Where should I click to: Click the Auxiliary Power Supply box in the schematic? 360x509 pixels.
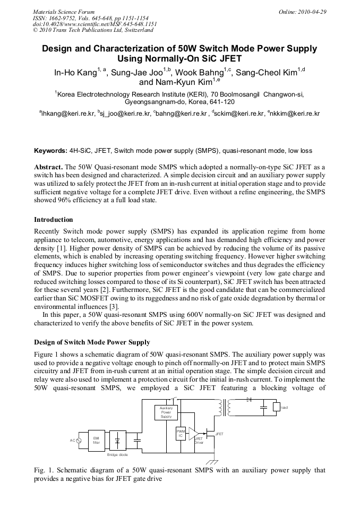point(166,413)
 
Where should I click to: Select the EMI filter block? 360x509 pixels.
point(96,439)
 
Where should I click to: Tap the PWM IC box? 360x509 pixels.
point(182,433)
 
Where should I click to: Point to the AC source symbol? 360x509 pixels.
point(79,441)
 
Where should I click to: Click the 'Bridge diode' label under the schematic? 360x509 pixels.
point(117,455)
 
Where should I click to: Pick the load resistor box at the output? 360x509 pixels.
point(277,408)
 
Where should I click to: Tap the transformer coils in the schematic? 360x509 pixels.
point(224,407)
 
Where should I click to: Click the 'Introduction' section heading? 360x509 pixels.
point(54,220)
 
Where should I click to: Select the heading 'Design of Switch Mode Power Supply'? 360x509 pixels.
point(92,342)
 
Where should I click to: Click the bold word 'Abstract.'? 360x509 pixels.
point(49,166)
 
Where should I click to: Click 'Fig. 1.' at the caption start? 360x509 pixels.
point(44,470)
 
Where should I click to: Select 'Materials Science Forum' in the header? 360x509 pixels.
point(64,12)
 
